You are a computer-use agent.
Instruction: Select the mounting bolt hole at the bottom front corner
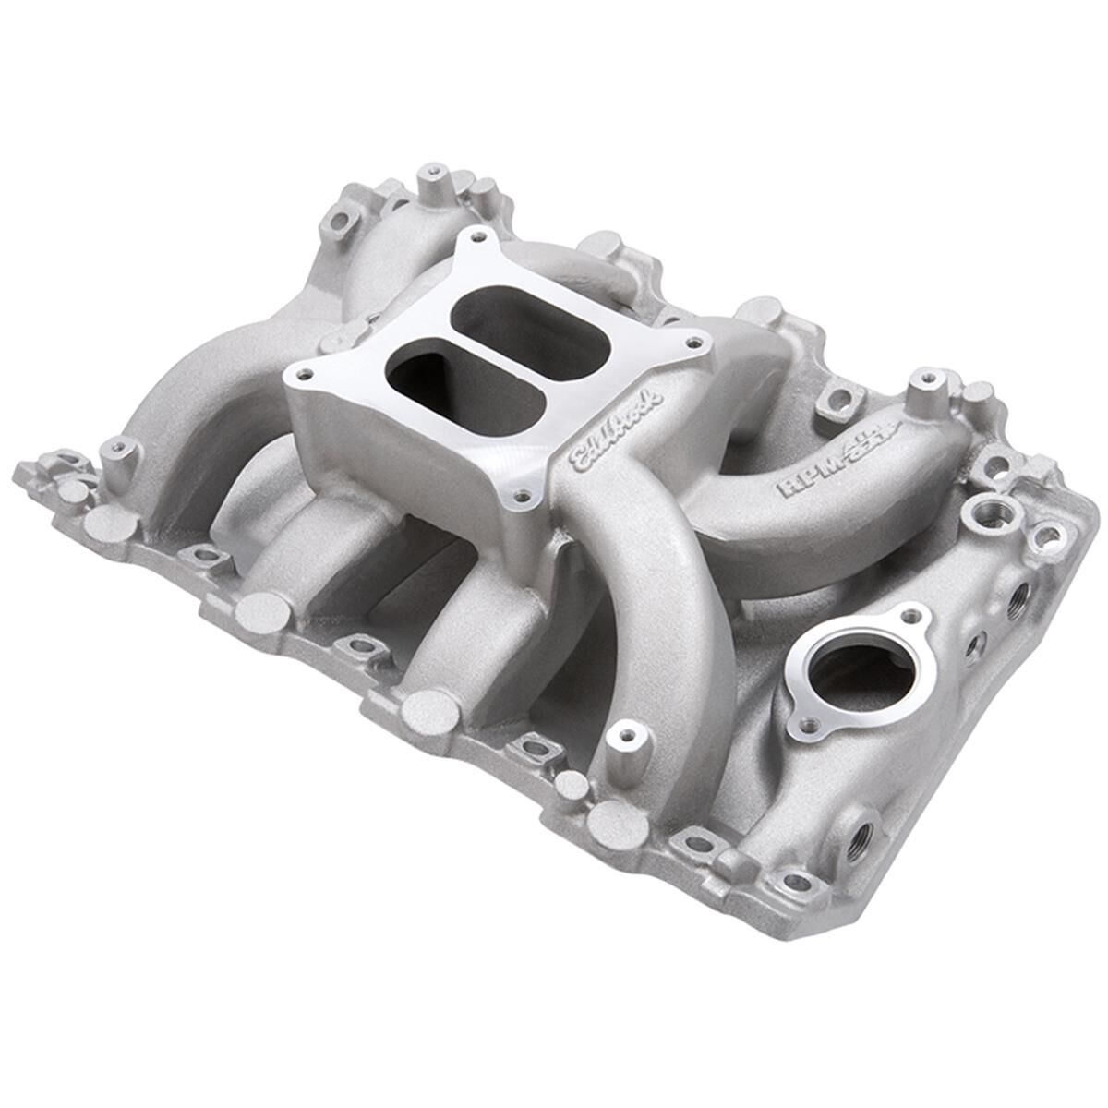pos(795,882)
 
